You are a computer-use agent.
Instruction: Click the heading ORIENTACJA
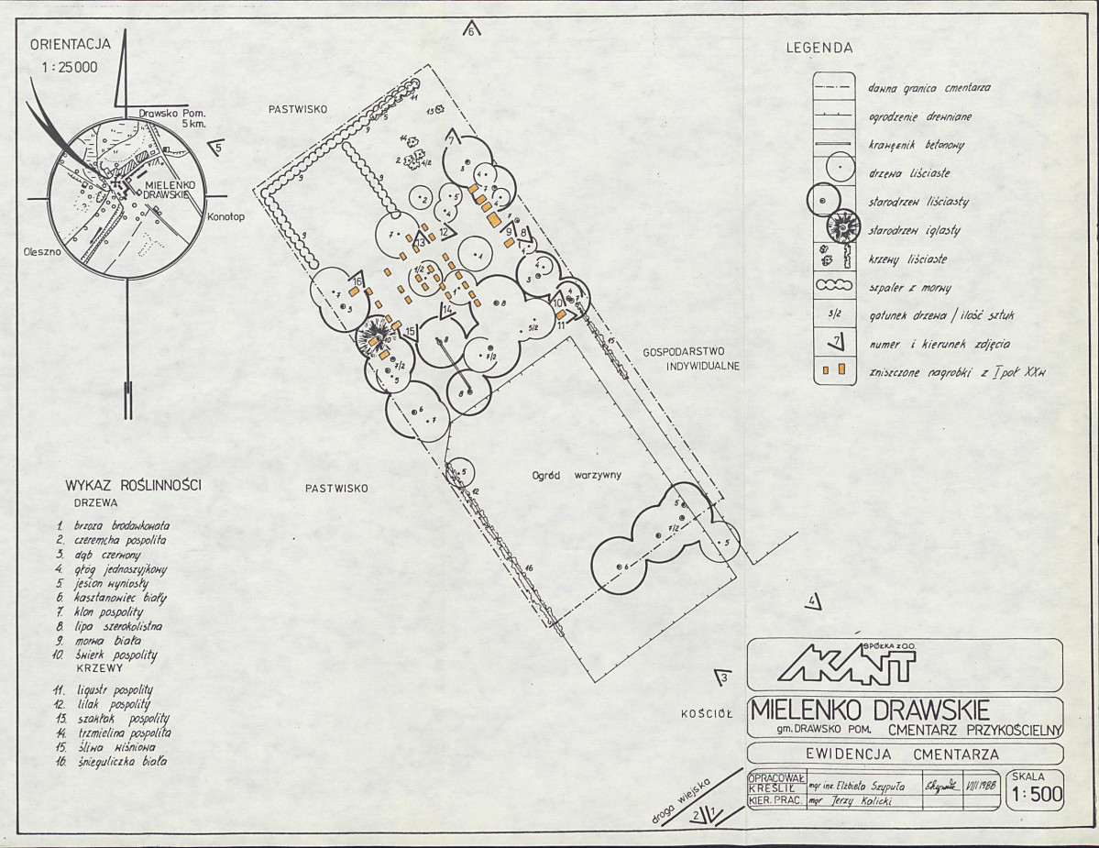[71, 43]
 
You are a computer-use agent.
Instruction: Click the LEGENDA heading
[819, 49]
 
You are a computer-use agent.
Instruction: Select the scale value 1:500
[1036, 797]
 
